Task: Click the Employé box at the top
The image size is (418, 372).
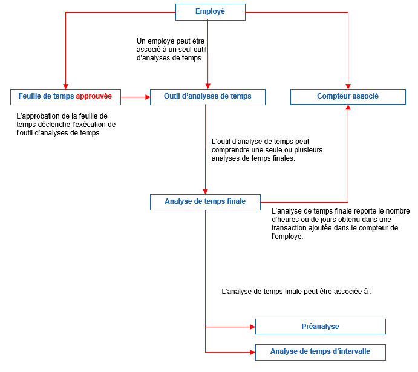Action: point(210,11)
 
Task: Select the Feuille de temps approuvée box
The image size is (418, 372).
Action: point(65,96)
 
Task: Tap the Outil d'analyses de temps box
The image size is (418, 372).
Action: point(207,96)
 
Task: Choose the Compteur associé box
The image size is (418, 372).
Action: point(348,96)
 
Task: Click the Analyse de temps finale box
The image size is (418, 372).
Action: point(205,202)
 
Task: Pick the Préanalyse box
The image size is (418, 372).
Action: point(320,327)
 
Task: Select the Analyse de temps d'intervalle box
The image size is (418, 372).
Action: point(320,351)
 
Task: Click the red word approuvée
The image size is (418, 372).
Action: point(94,96)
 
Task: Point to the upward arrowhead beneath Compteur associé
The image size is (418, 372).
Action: point(348,108)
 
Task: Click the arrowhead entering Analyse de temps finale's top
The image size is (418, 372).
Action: point(206,191)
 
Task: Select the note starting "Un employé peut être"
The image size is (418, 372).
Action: point(175,50)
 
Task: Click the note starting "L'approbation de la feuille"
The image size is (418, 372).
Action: point(66,124)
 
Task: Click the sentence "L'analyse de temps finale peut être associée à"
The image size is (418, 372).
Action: point(296,292)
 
